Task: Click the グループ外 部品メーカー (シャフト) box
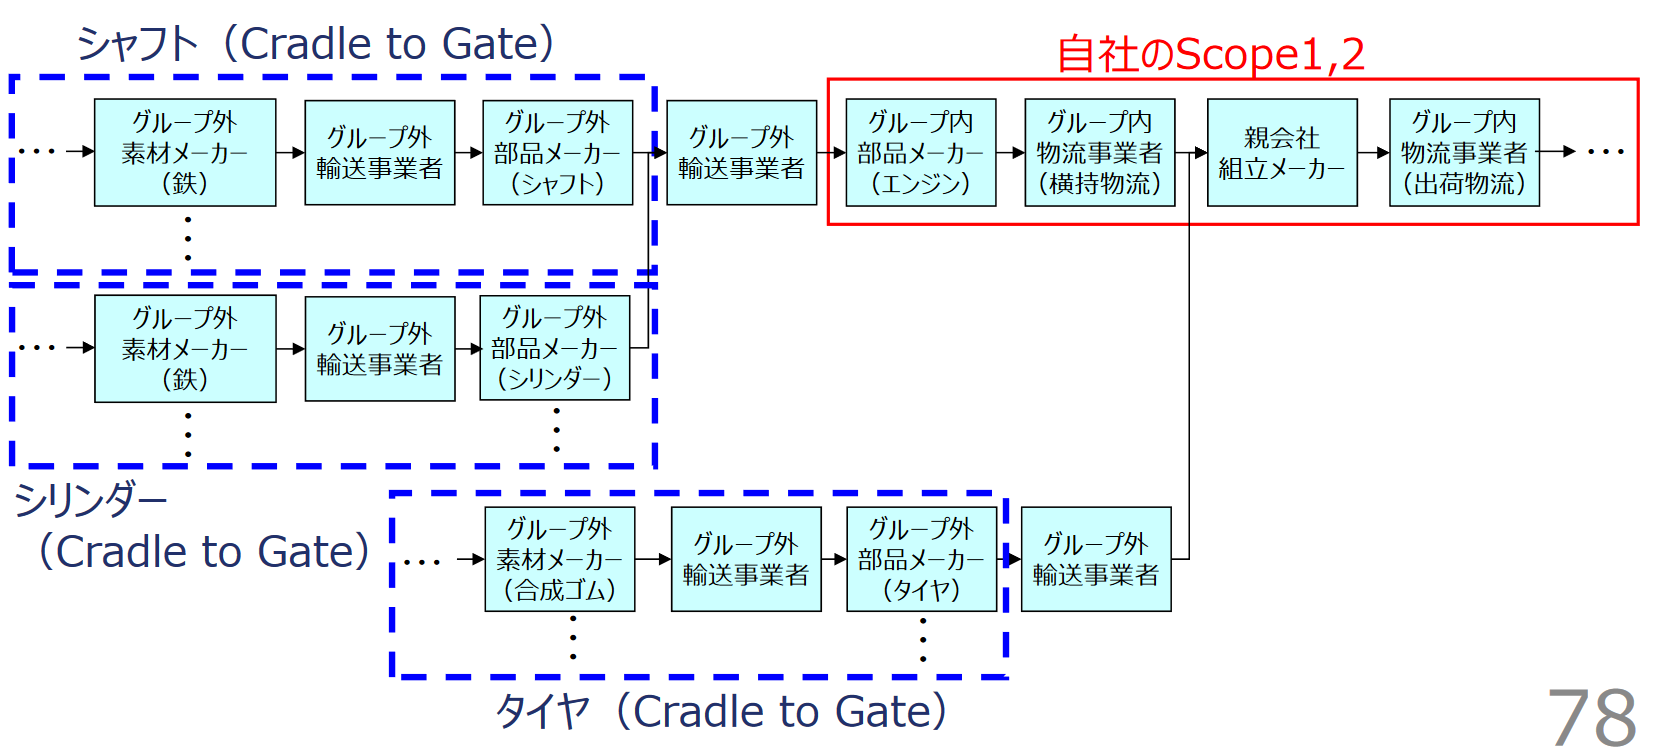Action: click(x=557, y=153)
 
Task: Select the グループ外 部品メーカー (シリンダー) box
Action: click(x=555, y=348)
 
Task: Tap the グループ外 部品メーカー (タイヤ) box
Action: click(x=921, y=559)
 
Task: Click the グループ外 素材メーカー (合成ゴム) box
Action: click(x=559, y=559)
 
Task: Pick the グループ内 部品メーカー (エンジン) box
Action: click(x=920, y=153)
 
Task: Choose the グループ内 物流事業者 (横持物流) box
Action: click(x=1099, y=153)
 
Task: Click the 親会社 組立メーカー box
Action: click(x=1281, y=153)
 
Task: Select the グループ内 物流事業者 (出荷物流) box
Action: click(x=1464, y=153)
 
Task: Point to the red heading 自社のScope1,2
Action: click(x=1210, y=54)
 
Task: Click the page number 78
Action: click(x=1591, y=716)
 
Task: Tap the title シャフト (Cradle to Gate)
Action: click(x=315, y=44)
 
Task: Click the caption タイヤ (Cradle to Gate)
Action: click(x=720, y=712)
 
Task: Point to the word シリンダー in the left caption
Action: click(x=90, y=499)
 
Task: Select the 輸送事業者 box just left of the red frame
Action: click(x=741, y=153)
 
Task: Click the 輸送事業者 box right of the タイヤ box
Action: click(x=1096, y=559)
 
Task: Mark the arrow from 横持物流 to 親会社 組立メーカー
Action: click(x=1191, y=153)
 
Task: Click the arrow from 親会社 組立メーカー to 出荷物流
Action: click(x=1373, y=153)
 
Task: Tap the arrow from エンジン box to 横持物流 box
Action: click(x=1010, y=153)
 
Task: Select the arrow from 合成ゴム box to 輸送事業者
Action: click(x=653, y=559)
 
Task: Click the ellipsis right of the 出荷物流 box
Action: click(x=1606, y=152)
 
